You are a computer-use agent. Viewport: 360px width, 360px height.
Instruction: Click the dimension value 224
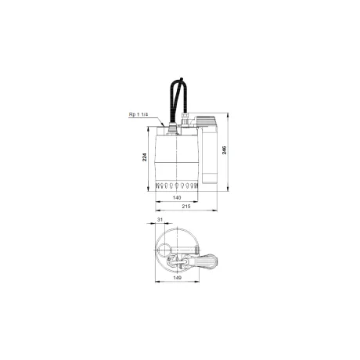(x=144, y=157)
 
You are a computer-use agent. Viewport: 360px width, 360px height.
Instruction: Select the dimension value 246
(x=224, y=150)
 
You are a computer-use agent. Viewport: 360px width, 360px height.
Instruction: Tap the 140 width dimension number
(x=177, y=198)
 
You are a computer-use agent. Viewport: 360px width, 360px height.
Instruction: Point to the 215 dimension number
(x=186, y=207)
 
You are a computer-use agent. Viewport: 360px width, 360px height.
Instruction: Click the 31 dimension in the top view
(x=160, y=220)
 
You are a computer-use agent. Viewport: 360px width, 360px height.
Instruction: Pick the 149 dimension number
(x=177, y=278)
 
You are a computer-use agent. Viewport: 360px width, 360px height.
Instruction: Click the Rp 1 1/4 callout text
(x=139, y=114)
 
